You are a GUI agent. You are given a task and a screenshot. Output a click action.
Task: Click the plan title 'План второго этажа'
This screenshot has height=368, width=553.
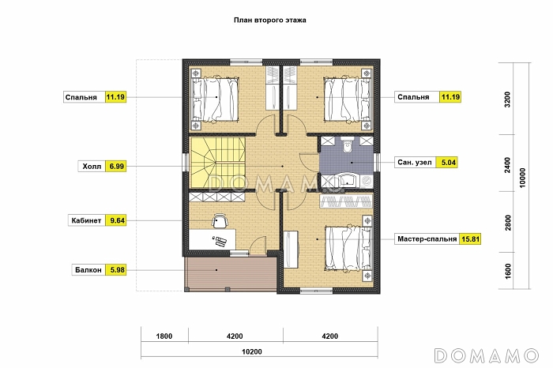pos(270,20)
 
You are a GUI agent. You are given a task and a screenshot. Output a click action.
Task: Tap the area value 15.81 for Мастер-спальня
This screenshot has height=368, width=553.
pos(471,239)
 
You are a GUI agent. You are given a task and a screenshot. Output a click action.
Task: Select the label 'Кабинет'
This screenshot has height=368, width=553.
pos(86,220)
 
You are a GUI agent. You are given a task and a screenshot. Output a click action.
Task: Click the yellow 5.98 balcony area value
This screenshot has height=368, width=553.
pos(117,270)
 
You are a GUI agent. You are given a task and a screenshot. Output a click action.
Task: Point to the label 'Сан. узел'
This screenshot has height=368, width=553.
pos(415,163)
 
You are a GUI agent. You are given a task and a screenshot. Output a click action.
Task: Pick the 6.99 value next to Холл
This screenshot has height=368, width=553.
pos(116,167)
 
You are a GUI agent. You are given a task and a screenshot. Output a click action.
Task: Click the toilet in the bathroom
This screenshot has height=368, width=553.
pos(348,145)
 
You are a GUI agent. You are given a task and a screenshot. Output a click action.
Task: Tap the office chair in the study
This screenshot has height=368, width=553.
pos(220,220)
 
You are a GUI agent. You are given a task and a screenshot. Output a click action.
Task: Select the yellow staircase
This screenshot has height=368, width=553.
pos(217,163)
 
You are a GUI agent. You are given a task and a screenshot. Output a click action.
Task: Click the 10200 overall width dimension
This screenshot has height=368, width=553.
pos(252,351)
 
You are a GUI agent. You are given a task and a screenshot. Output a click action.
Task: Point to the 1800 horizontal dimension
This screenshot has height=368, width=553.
pos(164,336)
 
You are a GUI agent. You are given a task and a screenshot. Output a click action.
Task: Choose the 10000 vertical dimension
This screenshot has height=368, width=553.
pos(522,178)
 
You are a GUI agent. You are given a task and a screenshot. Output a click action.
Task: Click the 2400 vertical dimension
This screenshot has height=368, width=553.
pos(507,165)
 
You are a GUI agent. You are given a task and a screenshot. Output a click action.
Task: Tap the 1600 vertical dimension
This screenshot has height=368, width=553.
pos(507,271)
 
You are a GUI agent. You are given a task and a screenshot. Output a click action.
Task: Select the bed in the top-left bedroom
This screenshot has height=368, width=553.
pos(215,100)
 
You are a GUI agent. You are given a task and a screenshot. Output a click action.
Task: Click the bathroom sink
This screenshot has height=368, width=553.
pos(347,180)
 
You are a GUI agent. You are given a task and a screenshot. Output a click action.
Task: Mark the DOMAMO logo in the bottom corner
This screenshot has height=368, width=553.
pos(487,355)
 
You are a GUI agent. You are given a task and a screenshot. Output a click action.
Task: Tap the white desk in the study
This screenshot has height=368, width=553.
pos(213,239)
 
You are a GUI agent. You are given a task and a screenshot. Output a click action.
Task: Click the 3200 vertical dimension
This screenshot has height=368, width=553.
pos(507,100)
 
